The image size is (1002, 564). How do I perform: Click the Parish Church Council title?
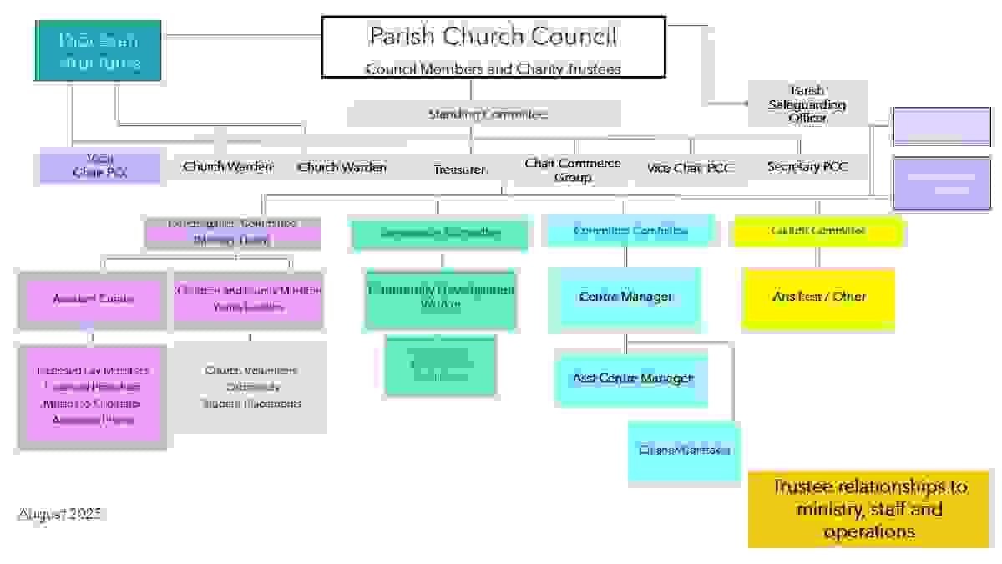coord(493,37)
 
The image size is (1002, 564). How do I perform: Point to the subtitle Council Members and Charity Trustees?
coord(493,69)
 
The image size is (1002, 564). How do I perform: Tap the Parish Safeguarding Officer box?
coord(807,104)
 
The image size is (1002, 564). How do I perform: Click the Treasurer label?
coord(459,169)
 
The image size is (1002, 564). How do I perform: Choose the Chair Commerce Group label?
coord(572,170)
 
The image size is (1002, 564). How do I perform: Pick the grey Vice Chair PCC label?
coord(690,168)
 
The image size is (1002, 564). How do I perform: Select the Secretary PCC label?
coord(807,167)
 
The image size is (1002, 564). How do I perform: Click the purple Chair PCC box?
coord(99,165)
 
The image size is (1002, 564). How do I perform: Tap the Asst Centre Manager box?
coord(633,379)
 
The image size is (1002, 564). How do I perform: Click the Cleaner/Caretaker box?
coord(684,450)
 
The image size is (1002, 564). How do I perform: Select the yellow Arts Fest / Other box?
coord(818,297)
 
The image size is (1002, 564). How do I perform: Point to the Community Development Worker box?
coord(441,297)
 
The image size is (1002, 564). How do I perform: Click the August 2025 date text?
coord(62,515)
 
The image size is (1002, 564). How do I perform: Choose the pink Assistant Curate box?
coord(93,298)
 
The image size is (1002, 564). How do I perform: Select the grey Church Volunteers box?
coord(250,387)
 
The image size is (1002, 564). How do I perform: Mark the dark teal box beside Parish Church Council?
coord(98,51)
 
